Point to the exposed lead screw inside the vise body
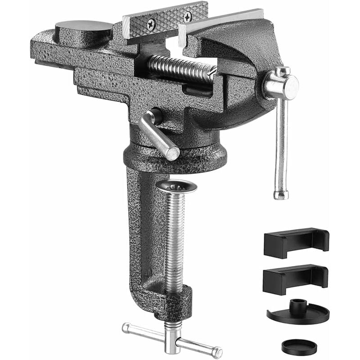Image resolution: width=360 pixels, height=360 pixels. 180,68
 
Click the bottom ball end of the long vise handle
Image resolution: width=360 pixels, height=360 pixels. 280,194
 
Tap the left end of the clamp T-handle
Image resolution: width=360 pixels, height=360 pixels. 127,328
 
